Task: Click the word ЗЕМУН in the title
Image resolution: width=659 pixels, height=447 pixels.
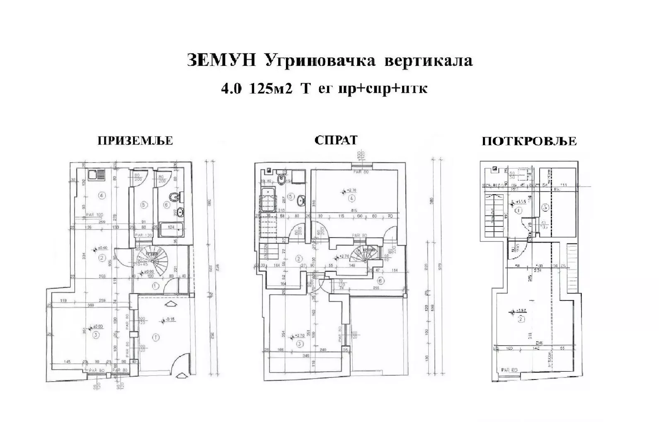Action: [x=220, y=61]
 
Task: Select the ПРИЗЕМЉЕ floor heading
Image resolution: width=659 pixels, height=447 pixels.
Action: [x=135, y=141]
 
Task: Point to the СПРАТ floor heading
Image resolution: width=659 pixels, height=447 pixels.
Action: [x=336, y=140]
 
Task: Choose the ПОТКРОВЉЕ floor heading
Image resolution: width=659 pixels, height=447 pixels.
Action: [x=529, y=141]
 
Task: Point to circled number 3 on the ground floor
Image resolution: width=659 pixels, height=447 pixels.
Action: [x=96, y=334]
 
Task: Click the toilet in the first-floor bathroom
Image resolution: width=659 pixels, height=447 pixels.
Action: [x=281, y=180]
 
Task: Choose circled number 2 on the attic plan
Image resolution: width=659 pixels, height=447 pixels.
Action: [x=521, y=319]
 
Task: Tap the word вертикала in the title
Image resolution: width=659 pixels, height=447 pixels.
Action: [x=429, y=61]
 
